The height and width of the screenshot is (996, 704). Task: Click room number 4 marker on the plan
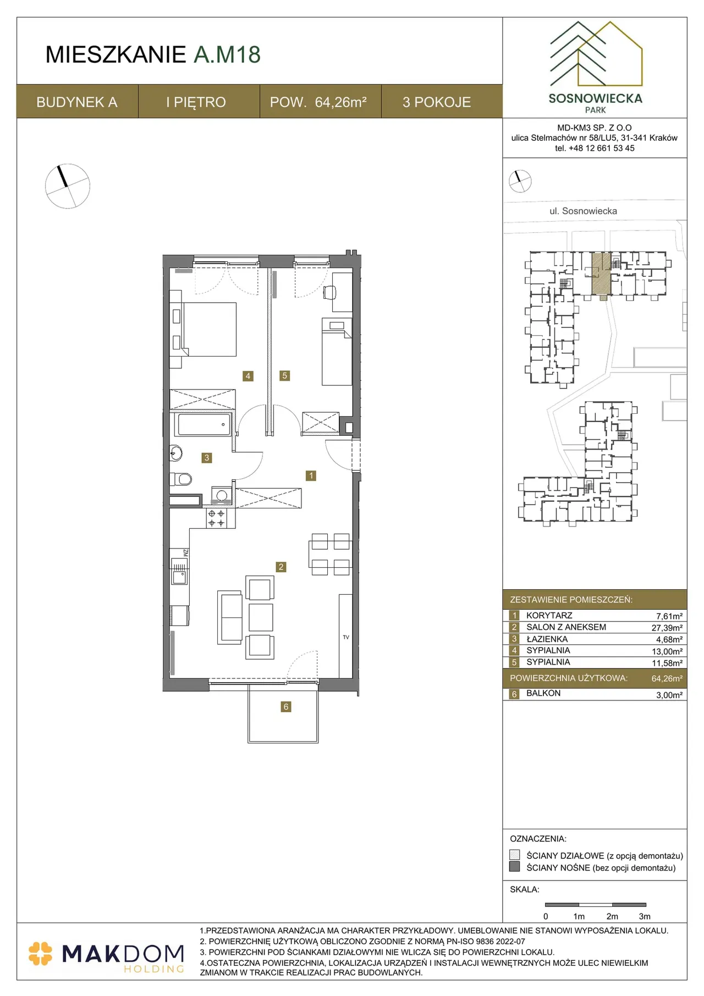[248, 376]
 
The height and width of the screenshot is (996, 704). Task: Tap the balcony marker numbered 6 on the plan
[285, 707]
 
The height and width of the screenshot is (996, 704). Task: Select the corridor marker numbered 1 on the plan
[311, 475]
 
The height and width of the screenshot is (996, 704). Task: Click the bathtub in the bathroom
[202, 424]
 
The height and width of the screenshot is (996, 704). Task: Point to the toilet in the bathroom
[181, 479]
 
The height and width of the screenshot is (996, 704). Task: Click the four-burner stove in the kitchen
[216, 518]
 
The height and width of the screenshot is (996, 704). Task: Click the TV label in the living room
[346, 637]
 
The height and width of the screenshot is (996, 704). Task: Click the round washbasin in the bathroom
[175, 453]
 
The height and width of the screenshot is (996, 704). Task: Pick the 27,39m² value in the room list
[667, 628]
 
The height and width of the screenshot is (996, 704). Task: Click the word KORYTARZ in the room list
[549, 616]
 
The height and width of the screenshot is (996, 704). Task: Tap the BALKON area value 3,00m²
[669, 695]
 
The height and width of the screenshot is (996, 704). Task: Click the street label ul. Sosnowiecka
[583, 211]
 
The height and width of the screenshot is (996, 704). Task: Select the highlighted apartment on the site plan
[601, 273]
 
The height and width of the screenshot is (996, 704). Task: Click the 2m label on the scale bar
[612, 916]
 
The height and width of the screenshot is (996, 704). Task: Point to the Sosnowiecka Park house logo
[596, 54]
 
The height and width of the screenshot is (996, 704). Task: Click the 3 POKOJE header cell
[437, 102]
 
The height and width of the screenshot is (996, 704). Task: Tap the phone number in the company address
[595, 148]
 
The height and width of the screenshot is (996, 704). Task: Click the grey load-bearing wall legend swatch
[515, 867]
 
